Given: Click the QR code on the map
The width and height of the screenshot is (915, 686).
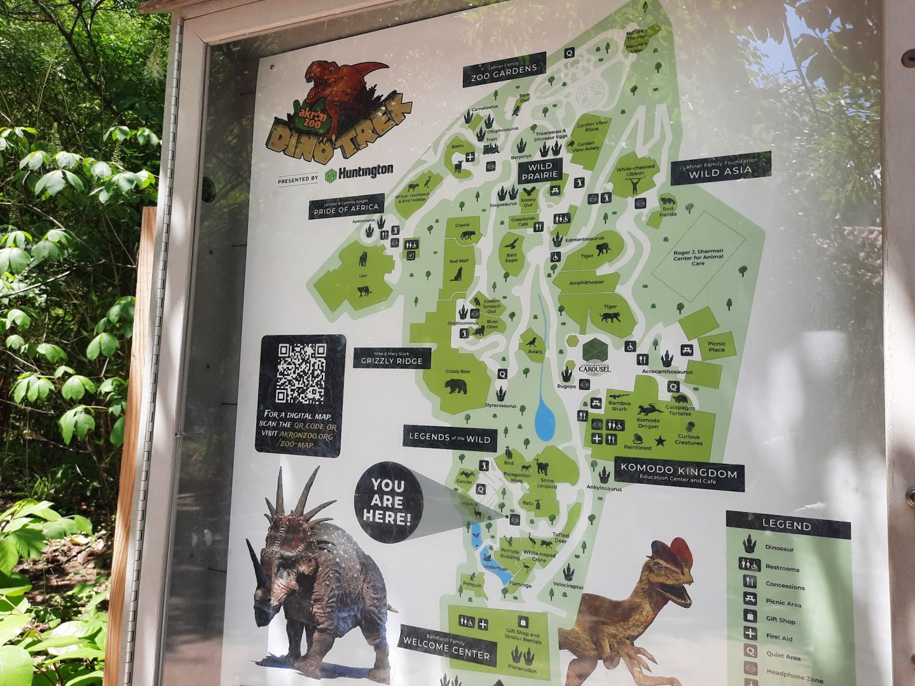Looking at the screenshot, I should tap(301, 373).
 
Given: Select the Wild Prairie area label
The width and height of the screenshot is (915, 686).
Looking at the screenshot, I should tap(540, 171).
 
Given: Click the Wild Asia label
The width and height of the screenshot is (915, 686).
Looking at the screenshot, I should tap(720, 169).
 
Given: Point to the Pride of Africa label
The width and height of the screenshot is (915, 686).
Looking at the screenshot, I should tap(347, 206).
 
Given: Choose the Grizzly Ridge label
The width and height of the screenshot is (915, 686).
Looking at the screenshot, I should tap(392, 359).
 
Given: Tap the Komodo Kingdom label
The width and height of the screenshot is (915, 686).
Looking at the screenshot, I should tap(678, 473).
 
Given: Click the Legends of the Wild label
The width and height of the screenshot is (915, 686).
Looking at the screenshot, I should tap(450, 438).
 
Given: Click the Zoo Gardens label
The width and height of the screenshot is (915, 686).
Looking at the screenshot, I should tap(504, 72).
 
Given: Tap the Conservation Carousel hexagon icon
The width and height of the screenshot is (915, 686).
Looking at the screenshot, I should tap(595, 350).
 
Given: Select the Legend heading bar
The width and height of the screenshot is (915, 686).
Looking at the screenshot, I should tap(787, 525).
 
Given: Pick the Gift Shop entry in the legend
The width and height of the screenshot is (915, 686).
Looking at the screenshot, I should tap(780, 619).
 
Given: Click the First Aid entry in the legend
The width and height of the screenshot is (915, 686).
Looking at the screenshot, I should tap(778, 636).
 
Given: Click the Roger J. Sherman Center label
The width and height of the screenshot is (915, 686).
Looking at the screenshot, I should tap(698, 257).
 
